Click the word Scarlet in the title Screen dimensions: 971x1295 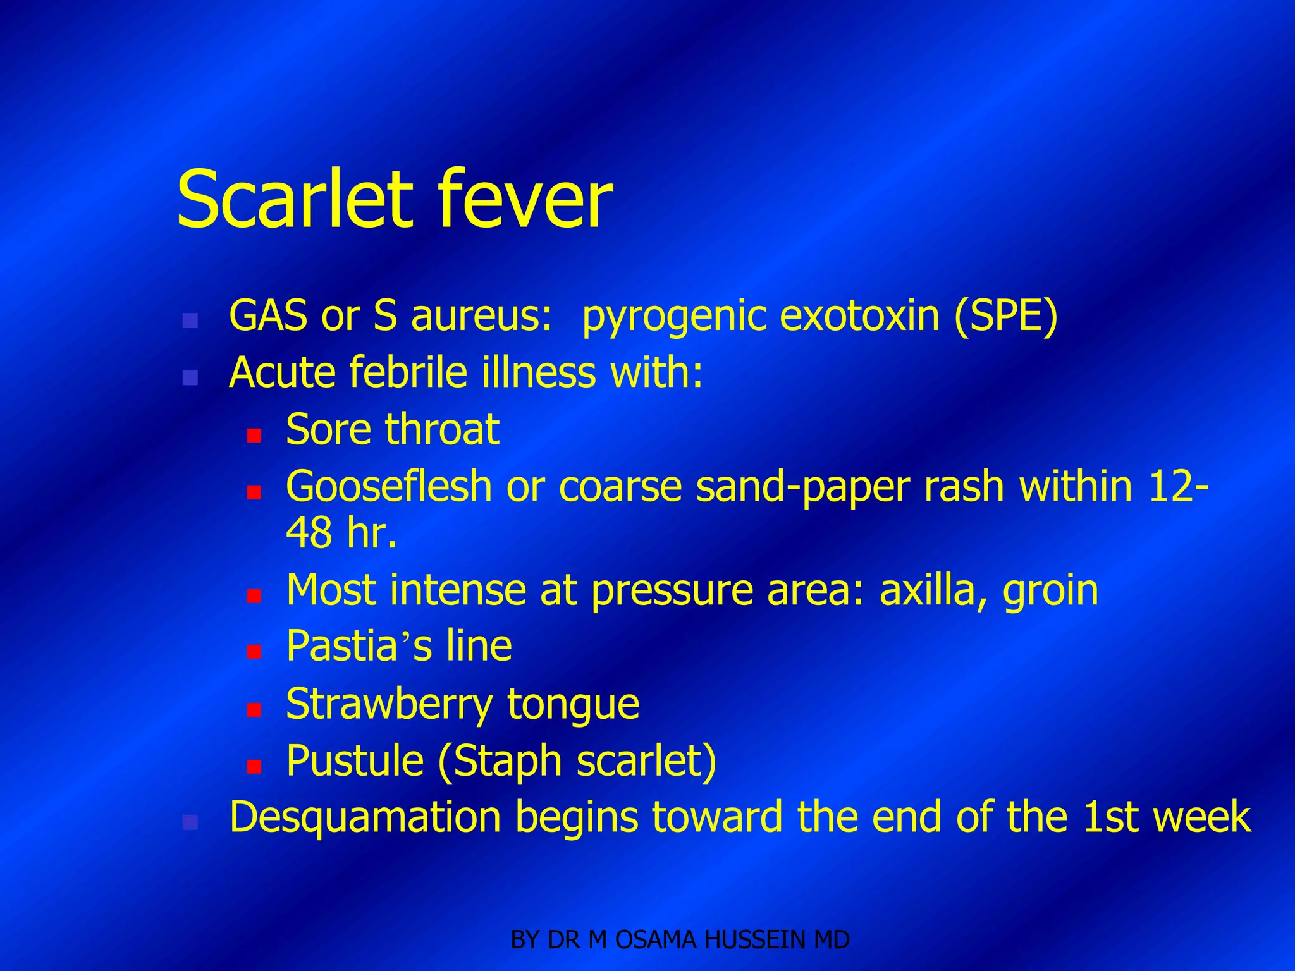coord(294,199)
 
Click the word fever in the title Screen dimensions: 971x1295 coord(525,199)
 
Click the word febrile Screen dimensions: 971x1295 coord(411,372)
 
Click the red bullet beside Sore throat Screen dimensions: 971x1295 coord(254,435)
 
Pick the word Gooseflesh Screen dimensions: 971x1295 coord(389,487)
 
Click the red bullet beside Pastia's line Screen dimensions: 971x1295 coord(254,652)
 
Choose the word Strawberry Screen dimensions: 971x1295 coord(389,704)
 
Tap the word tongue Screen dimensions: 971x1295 coord(573,704)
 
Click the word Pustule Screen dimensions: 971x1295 coord(355,760)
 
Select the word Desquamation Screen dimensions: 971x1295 coord(365,817)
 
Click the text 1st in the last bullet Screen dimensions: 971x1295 coord(1110,817)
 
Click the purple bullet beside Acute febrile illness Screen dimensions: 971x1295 coord(190,378)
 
